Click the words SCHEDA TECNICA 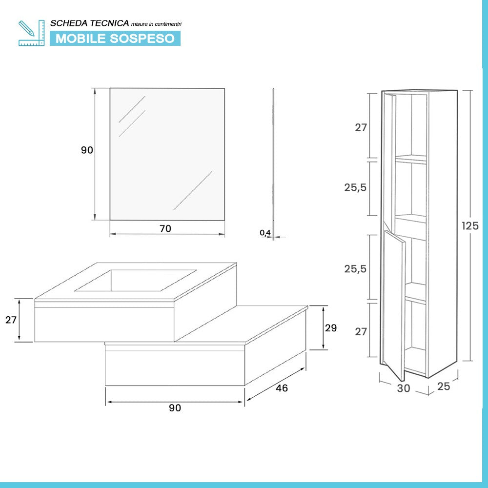[x=90, y=23]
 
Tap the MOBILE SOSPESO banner [x=115, y=38]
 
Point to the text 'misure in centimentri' [x=159, y=24]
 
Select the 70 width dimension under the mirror [x=165, y=228]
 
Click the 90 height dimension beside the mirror [x=87, y=150]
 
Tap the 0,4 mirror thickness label [x=265, y=233]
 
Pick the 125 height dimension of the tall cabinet [x=470, y=226]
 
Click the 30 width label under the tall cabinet [x=404, y=388]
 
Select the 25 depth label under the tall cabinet [x=444, y=386]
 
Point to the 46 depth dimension [x=282, y=388]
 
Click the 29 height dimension [x=331, y=328]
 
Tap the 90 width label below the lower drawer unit [x=175, y=408]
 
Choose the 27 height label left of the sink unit [x=11, y=320]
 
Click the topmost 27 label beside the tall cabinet [x=361, y=128]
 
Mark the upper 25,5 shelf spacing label [x=355, y=187]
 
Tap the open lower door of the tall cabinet [x=394, y=303]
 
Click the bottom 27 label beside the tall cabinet [x=361, y=332]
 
